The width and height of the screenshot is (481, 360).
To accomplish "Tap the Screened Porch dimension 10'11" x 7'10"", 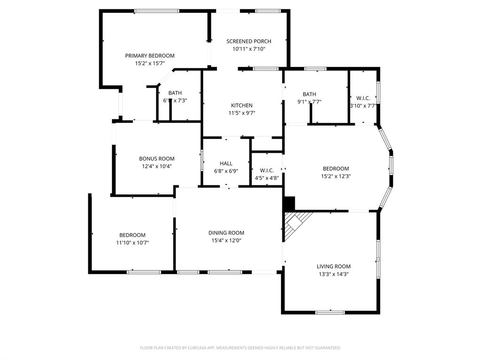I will [248, 49].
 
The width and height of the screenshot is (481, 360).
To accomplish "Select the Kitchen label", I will [241, 105].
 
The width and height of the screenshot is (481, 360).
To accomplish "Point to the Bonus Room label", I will [156, 159].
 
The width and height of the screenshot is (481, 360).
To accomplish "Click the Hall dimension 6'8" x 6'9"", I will [226, 171].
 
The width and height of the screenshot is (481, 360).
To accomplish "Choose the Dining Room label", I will [226, 233].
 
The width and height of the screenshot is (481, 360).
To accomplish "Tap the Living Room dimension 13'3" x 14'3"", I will [333, 274].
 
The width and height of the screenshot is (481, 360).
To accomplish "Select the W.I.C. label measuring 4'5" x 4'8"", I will [266, 170].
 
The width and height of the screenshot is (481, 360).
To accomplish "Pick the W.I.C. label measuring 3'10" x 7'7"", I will [363, 98].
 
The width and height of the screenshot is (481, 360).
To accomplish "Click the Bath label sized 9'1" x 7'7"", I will [309, 94].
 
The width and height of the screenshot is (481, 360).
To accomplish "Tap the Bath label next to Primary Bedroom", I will [175, 93].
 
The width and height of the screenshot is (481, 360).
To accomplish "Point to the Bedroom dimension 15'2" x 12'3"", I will [335, 176].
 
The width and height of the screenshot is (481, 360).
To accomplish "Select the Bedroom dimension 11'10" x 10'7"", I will [132, 243].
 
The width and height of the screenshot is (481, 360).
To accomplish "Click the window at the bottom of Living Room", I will [330, 312].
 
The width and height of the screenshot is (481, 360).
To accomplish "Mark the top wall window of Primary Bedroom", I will [156, 11].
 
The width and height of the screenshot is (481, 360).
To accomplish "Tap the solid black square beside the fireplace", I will [289, 203].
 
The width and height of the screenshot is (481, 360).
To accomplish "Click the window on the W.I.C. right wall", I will [378, 92].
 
